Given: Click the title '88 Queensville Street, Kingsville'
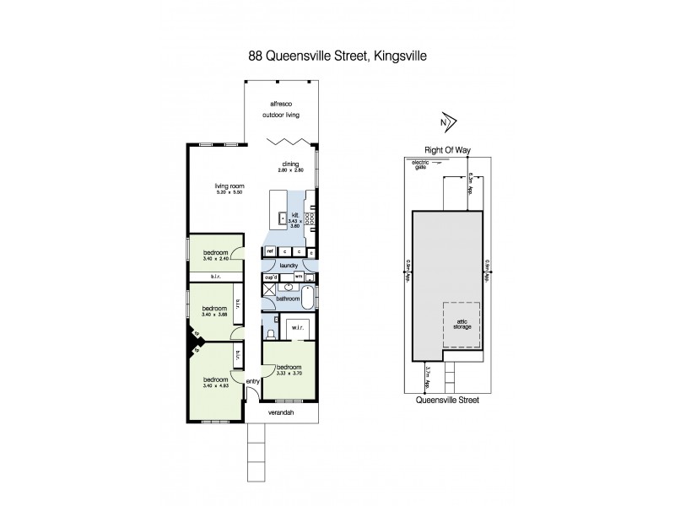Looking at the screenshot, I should click(337, 57).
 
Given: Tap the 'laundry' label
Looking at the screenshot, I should click(287, 265).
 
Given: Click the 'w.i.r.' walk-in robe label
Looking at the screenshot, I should click(296, 327).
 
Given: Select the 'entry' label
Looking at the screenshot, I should click(253, 382).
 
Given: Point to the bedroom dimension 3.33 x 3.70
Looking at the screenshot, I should click(291, 374).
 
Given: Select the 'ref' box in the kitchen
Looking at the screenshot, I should click(270, 251).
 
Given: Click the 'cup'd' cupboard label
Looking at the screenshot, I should click(271, 277).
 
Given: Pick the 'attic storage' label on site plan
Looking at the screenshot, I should click(462, 322).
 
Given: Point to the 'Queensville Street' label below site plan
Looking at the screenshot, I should click(446, 402).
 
